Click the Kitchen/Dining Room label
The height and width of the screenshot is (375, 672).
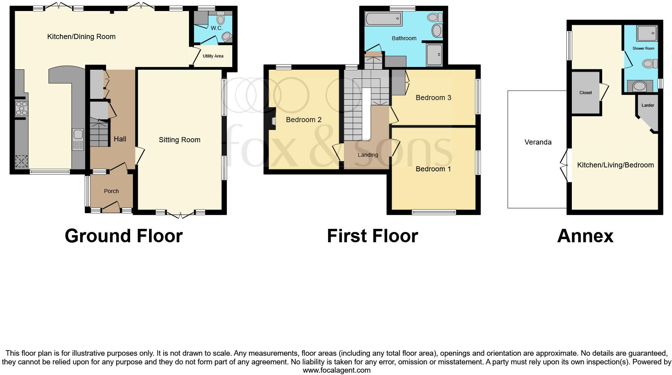(x=81, y=37)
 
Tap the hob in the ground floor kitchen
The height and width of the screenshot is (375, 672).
(x=21, y=108)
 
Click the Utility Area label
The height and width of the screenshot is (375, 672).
(x=213, y=56)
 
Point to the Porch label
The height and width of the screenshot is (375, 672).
(x=111, y=191)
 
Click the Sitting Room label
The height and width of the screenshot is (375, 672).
(x=179, y=140)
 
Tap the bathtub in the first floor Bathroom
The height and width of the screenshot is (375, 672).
(x=383, y=19)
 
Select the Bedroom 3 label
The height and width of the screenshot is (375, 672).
(x=433, y=98)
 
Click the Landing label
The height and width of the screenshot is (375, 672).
(x=368, y=155)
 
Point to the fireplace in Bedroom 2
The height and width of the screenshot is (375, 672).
(x=272, y=120)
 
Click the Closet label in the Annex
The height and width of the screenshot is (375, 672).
(x=585, y=93)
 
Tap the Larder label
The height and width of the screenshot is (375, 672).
(x=648, y=105)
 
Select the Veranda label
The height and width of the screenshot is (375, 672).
(x=538, y=142)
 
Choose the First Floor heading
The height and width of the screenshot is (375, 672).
(x=372, y=236)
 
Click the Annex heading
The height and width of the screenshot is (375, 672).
(x=585, y=236)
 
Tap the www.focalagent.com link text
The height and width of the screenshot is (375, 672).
(x=336, y=370)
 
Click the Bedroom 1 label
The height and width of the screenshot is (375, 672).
(x=433, y=169)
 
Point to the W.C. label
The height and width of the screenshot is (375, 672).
(x=217, y=28)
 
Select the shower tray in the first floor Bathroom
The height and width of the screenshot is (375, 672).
(x=435, y=55)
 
